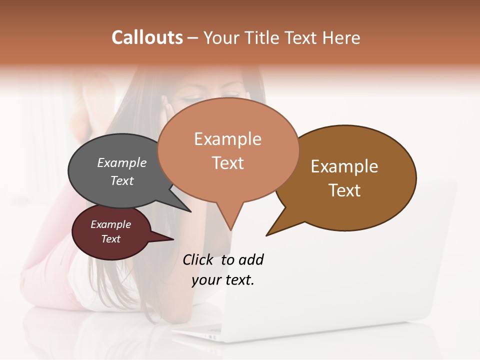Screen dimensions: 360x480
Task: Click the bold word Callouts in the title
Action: click(x=147, y=37)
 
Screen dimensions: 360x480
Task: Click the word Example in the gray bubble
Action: click(x=122, y=162)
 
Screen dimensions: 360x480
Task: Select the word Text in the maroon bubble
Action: click(x=111, y=239)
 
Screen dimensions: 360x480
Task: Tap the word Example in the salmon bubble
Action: click(x=227, y=139)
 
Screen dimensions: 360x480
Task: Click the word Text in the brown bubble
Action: click(x=344, y=190)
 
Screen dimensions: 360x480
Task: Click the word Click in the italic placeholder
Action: click(x=198, y=259)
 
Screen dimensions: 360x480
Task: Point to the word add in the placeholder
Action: click(x=251, y=259)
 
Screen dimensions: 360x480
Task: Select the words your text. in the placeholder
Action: click(x=223, y=280)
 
